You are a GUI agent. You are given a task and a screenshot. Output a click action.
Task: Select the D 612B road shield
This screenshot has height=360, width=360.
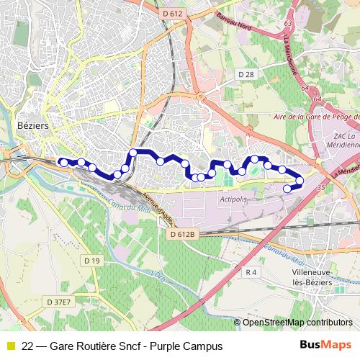[x=184, y=235]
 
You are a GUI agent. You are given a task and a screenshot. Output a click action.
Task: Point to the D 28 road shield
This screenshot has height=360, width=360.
[x=246, y=74]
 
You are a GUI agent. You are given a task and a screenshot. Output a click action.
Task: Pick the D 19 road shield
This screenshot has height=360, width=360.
[x=91, y=260]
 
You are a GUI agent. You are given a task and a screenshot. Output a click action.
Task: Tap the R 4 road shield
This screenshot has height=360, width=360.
[x=251, y=272]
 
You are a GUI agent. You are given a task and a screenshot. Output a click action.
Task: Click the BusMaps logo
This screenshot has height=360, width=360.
[x=325, y=346]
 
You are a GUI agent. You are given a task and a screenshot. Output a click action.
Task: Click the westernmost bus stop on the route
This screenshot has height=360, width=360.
[x=63, y=162]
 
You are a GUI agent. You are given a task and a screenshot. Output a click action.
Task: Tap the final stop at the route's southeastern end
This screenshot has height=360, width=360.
[x=288, y=189]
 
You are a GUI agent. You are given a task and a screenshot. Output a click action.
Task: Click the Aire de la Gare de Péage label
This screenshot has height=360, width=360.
[x=317, y=115]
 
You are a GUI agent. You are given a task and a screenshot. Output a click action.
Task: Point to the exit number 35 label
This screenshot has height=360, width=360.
[x=320, y=186]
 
